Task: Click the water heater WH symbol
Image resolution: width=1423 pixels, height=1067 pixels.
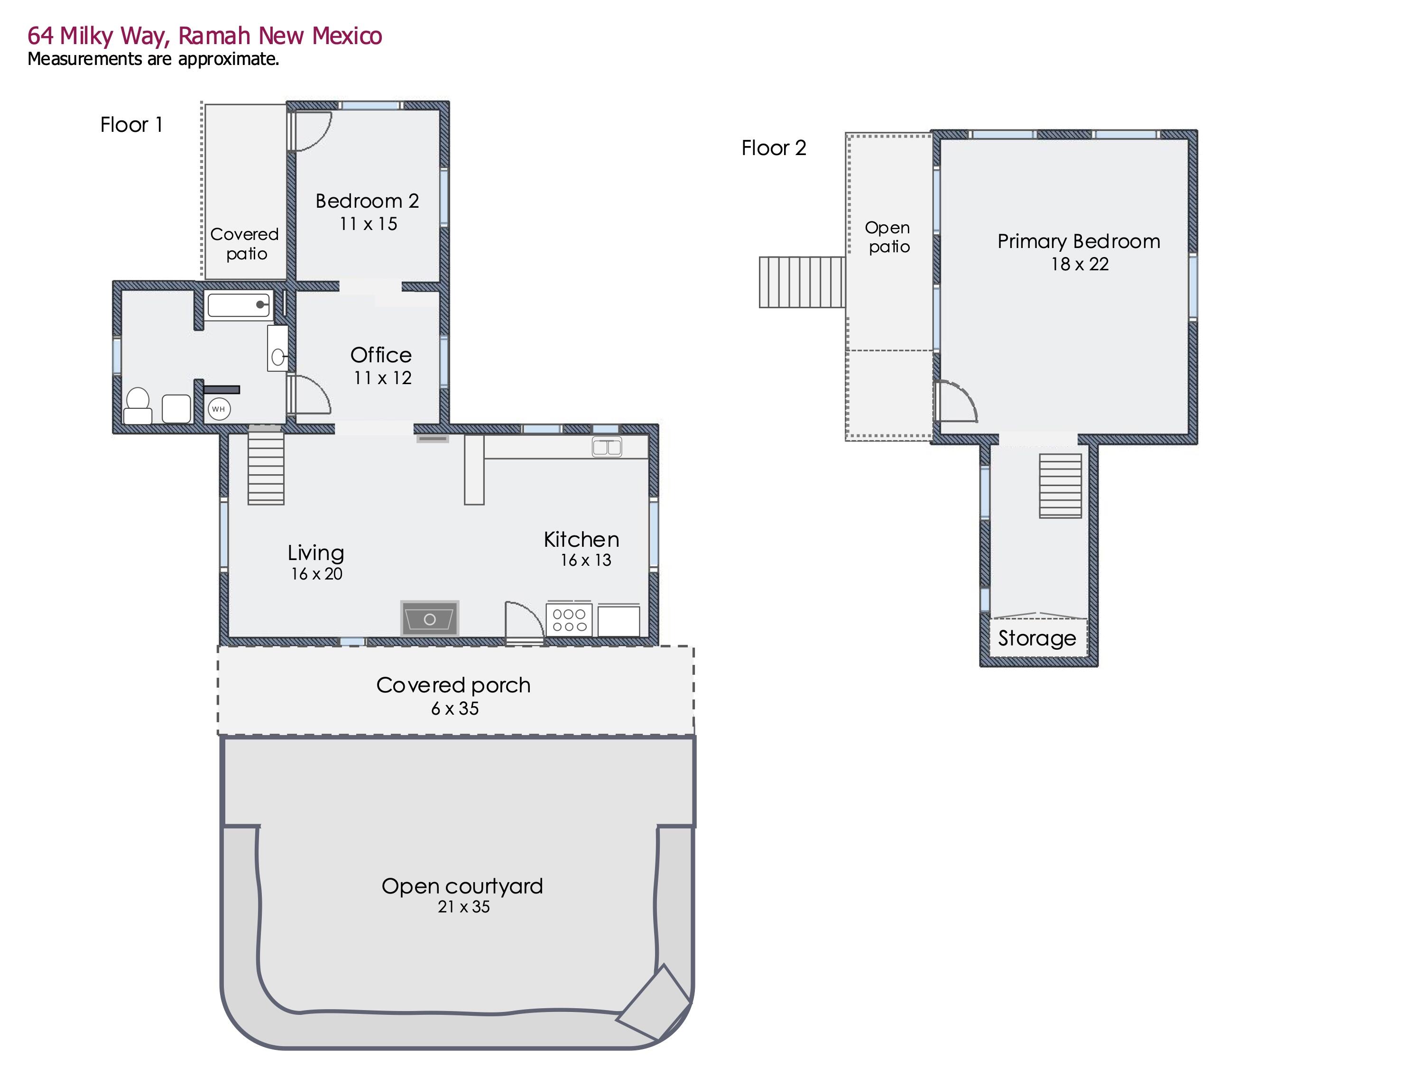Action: [219, 409]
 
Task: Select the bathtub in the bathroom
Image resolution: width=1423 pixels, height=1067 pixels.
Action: [239, 305]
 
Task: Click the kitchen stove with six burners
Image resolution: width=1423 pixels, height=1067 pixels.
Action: [569, 619]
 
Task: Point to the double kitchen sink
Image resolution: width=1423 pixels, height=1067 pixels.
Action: [607, 446]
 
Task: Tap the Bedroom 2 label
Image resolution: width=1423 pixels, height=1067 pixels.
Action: [367, 202]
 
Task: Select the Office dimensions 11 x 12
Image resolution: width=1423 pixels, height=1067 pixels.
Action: [382, 377]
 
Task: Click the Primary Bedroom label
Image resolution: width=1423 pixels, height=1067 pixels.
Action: [1079, 241]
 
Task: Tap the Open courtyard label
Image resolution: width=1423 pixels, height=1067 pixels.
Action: [462, 886]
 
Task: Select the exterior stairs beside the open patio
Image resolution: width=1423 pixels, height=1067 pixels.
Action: [802, 282]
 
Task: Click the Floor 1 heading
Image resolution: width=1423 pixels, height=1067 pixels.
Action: [131, 125]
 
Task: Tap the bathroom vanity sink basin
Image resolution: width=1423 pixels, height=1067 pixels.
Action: [278, 357]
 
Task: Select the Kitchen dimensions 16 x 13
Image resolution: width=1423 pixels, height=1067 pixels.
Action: [585, 560]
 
